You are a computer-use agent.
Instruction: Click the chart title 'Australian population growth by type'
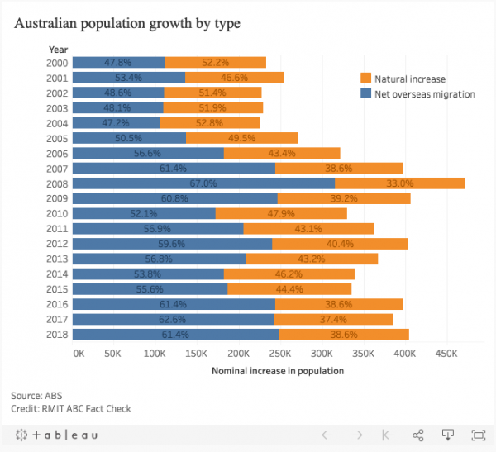point(127,23)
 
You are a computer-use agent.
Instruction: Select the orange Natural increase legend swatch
point(366,79)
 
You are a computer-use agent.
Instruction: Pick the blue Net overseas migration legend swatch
point(366,94)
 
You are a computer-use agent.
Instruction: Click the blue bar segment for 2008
point(165,183)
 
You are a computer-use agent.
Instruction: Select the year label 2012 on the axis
point(58,244)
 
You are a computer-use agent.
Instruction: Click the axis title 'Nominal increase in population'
point(278,371)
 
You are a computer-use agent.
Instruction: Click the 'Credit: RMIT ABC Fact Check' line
point(71,408)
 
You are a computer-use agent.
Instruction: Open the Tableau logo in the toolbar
point(56,435)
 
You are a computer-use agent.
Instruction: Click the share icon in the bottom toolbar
point(418,435)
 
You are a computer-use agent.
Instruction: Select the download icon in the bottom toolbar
point(448,435)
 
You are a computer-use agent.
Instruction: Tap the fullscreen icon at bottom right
point(478,435)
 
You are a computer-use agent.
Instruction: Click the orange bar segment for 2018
point(344,334)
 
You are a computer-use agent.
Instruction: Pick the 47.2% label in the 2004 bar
point(116,122)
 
